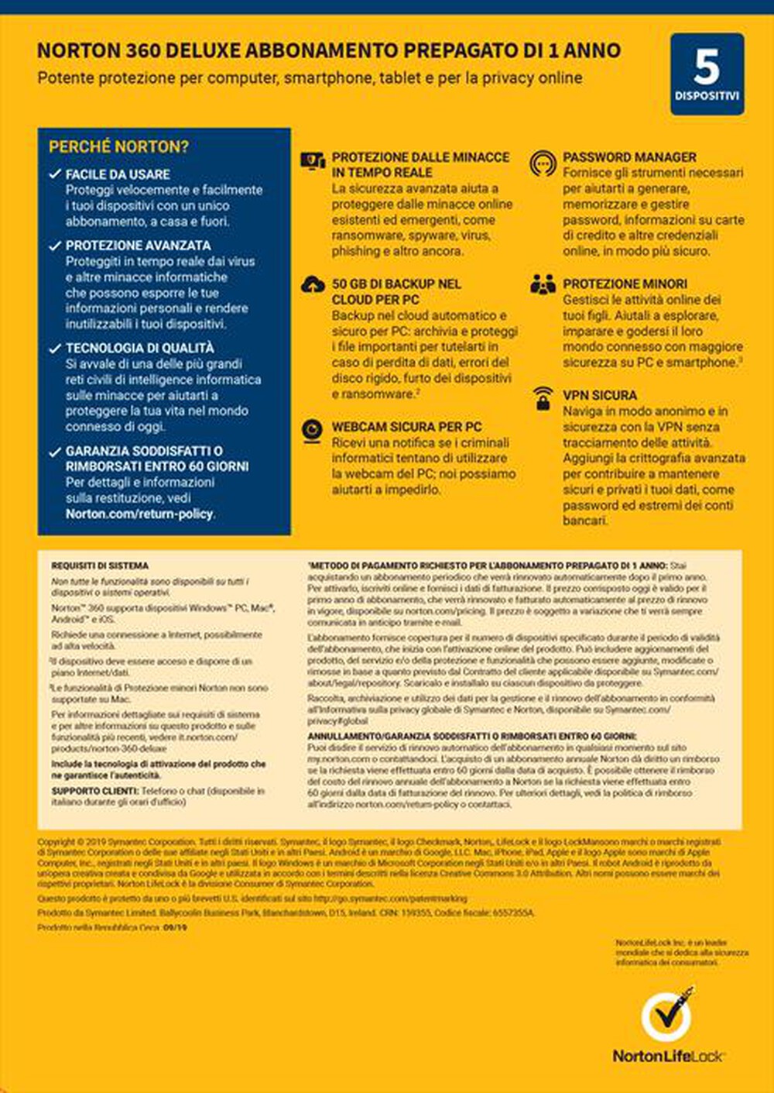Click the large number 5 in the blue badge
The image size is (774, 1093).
click(x=707, y=67)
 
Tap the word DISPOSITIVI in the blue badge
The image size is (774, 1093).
click(x=707, y=97)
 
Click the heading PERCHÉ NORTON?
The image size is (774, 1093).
click(x=118, y=146)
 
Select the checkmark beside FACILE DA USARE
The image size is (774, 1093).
click(x=55, y=174)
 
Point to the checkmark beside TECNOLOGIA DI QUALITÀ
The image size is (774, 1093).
click(x=55, y=349)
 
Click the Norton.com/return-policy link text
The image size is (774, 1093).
click(x=139, y=514)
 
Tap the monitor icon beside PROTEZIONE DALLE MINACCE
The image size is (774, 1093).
click(x=313, y=160)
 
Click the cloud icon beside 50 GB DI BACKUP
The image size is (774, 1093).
click(x=313, y=285)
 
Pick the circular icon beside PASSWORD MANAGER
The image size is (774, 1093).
click(x=543, y=163)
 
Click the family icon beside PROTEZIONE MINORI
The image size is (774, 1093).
click(x=543, y=284)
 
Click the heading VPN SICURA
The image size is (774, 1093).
click(x=600, y=395)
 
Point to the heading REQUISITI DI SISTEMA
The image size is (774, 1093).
click(x=100, y=566)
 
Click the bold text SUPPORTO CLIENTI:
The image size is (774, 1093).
click(x=95, y=791)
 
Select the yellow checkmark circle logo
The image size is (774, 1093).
click(x=666, y=1016)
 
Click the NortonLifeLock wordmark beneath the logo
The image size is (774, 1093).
click(x=668, y=1056)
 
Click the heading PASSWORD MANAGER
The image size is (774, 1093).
click(x=629, y=156)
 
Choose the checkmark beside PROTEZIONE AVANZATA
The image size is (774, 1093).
click(x=55, y=246)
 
